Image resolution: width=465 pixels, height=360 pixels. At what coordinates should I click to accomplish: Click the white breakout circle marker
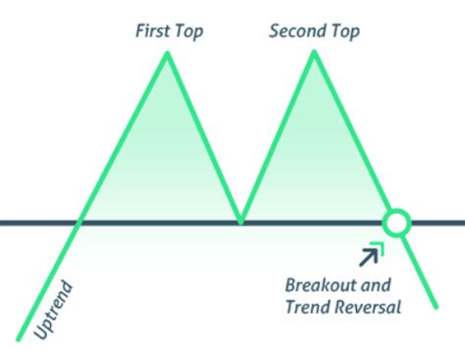pyautogui.click(x=395, y=223)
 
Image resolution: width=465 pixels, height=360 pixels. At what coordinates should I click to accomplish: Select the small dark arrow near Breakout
pyautogui.click(x=370, y=257)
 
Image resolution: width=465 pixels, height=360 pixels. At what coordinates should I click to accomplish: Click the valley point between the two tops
pyautogui.click(x=240, y=222)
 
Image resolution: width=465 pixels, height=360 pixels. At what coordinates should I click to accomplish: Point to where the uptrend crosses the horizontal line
pyautogui.click(x=80, y=222)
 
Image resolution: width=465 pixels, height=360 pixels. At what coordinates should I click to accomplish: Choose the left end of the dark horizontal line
pyautogui.click(x=3, y=223)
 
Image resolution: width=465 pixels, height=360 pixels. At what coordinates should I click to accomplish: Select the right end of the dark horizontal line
pyautogui.click(x=462, y=223)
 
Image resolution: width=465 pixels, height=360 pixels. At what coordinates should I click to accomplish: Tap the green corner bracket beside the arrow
pyautogui.click(x=380, y=246)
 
